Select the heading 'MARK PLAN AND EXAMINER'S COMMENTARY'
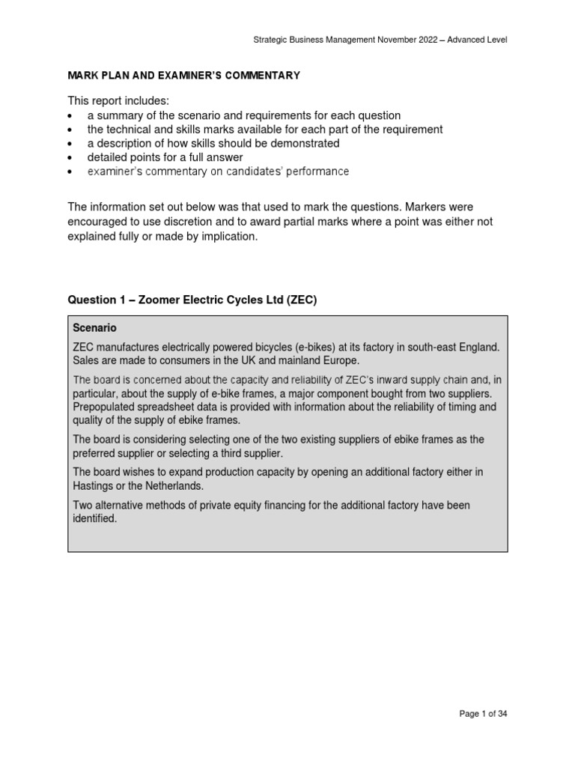click(x=184, y=75)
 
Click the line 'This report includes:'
click(x=118, y=101)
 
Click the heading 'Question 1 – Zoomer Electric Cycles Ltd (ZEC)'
click(x=193, y=300)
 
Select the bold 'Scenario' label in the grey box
click(x=94, y=328)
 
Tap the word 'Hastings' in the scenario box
click(x=94, y=485)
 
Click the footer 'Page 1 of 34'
click(x=483, y=714)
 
